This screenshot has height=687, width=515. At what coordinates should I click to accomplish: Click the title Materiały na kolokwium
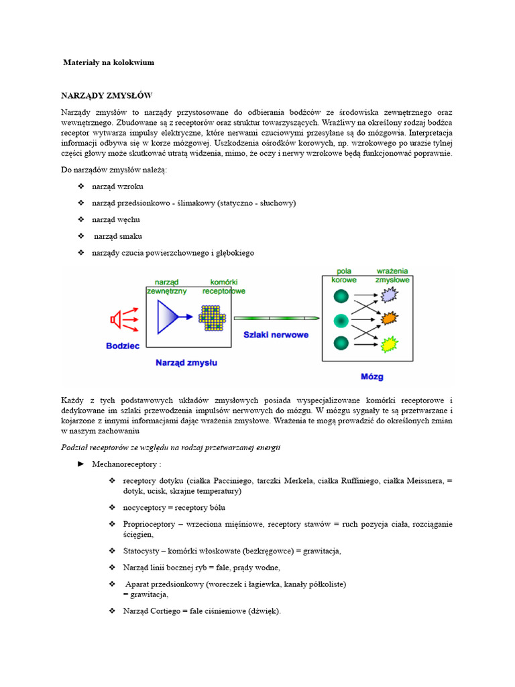(x=109, y=62)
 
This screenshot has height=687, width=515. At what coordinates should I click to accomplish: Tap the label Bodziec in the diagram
(x=123, y=346)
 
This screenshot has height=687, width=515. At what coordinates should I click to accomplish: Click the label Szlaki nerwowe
(x=276, y=334)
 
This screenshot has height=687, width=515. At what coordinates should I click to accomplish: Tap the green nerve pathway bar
(x=276, y=319)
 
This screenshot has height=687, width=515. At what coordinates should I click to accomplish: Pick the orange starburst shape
(x=390, y=319)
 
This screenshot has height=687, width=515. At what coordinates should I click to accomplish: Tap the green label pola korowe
(x=344, y=275)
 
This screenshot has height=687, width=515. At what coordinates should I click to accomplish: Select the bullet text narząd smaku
(x=118, y=236)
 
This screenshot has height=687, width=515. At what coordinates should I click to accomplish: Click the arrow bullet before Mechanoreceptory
(x=81, y=464)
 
